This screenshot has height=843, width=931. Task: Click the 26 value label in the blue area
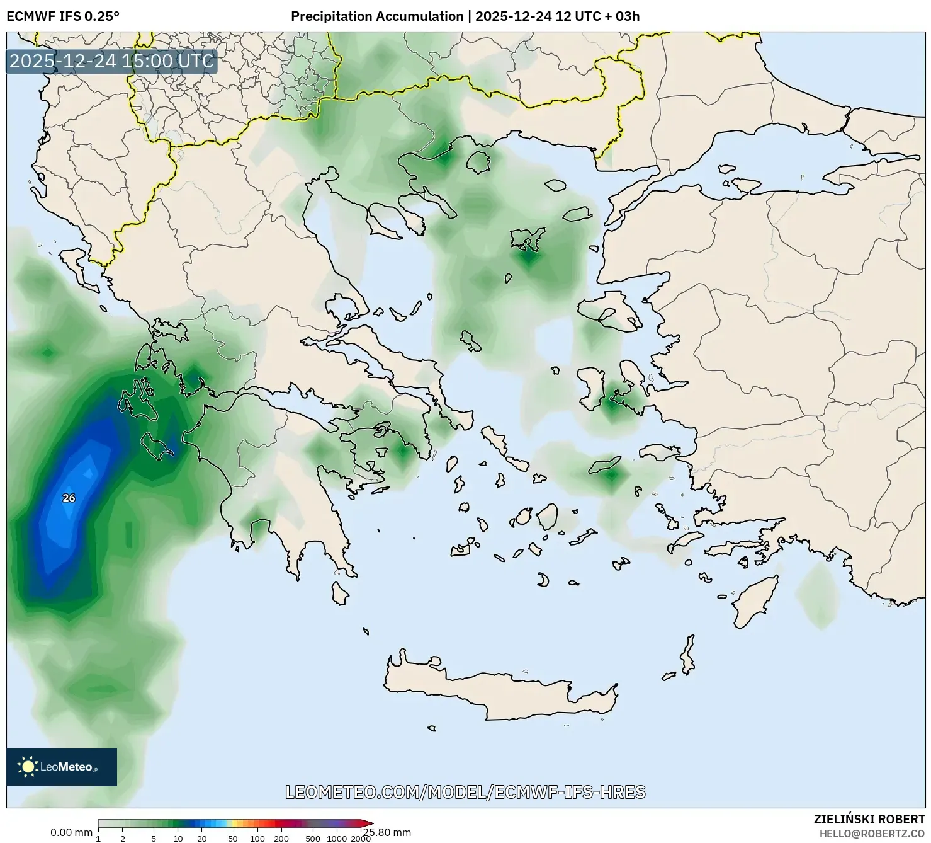69,498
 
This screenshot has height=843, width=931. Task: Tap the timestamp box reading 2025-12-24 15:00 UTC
111,61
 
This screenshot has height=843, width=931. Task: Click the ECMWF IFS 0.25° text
63,16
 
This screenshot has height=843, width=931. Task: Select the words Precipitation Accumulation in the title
376,16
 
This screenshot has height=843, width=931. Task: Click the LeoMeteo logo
62,767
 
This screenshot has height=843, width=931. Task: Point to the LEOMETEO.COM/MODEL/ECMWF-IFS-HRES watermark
465,792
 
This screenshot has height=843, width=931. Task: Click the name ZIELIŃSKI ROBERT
869,820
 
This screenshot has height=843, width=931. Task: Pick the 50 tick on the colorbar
233,839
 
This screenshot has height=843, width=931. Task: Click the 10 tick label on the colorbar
178,839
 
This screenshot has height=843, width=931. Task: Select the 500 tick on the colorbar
313,839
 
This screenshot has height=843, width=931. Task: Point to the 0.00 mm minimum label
71,833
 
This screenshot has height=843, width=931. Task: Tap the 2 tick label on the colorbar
123,839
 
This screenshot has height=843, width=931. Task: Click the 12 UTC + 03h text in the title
597,16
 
